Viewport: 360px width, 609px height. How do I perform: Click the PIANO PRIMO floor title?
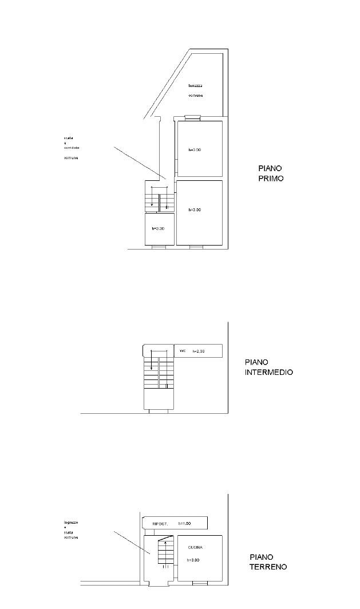[270, 173]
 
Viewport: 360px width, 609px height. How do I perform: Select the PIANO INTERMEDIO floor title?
[268, 367]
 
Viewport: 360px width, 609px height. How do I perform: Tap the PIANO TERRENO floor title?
[268, 562]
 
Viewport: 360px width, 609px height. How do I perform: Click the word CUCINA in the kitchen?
[195, 547]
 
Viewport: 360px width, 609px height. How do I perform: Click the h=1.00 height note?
[184, 524]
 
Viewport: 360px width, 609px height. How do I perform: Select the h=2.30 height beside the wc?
[198, 351]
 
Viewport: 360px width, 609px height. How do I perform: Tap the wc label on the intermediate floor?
[183, 350]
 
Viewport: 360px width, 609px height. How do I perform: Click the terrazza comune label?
[196, 90]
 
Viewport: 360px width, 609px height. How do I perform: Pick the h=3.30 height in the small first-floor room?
[158, 228]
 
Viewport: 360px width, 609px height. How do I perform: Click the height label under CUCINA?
[195, 560]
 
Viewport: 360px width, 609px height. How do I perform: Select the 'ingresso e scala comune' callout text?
[71, 530]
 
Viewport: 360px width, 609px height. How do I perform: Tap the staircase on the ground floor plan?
[165, 551]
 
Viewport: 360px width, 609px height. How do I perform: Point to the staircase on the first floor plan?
[159, 198]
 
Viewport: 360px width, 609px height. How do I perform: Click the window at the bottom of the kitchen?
[200, 583]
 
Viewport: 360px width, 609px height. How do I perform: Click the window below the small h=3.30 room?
[159, 247]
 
